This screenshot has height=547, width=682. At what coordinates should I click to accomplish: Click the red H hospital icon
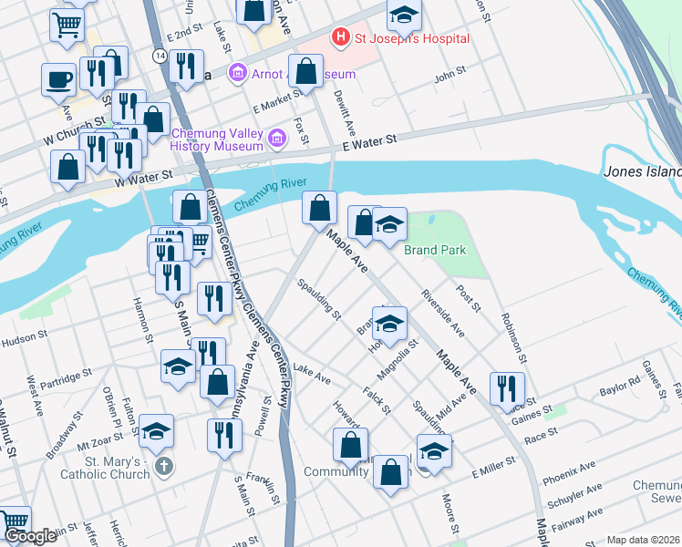341,38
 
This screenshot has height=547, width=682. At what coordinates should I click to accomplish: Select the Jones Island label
642,171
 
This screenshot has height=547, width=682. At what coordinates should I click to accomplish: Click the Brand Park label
435,250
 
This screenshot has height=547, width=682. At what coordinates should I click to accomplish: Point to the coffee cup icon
58,78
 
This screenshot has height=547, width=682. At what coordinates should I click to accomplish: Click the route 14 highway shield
160,56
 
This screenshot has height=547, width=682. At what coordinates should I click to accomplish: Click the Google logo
30,535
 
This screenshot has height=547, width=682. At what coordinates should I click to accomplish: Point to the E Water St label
371,141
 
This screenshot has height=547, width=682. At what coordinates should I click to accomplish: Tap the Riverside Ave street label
442,313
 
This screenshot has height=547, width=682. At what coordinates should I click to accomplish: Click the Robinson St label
512,335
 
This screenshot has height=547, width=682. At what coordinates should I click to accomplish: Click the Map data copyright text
643,540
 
